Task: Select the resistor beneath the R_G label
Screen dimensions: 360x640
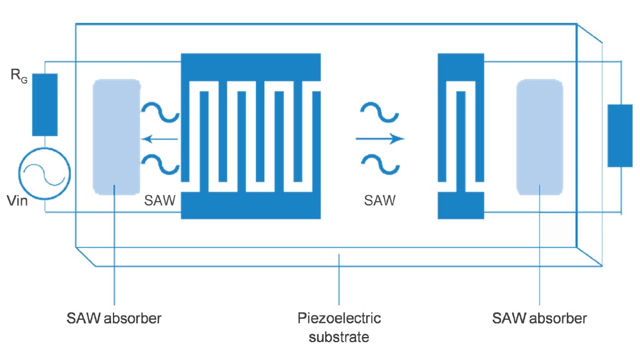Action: pyautogui.click(x=45, y=104)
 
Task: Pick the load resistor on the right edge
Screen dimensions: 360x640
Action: pyautogui.click(x=620, y=135)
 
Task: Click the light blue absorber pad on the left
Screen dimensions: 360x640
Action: pyautogui.click(x=116, y=137)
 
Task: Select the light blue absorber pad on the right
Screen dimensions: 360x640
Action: pyautogui.click(x=539, y=137)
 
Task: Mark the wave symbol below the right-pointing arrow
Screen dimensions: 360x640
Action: pyautogui.click(x=380, y=163)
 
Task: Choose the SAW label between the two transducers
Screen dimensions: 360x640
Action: pyautogui.click(x=380, y=200)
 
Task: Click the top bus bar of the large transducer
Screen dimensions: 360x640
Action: pyautogui.click(x=251, y=67)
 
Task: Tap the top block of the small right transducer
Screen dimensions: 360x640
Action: pyautogui.click(x=461, y=66)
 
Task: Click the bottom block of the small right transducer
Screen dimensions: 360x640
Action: pyautogui.click(x=461, y=205)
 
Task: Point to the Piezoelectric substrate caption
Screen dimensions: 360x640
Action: pyautogui.click(x=339, y=328)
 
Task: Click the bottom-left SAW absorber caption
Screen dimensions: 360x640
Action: pyautogui.click(x=114, y=319)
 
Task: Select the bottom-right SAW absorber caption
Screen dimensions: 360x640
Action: pyautogui.click(x=539, y=319)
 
